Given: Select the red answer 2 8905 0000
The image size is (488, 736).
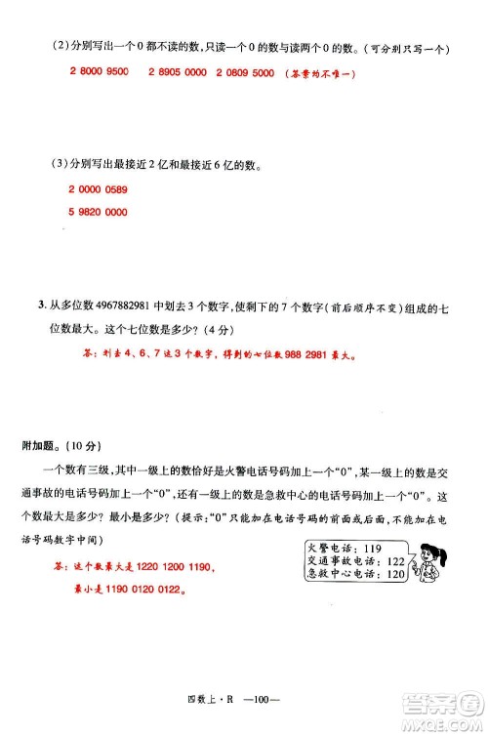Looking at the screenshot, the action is (x=178, y=73).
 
